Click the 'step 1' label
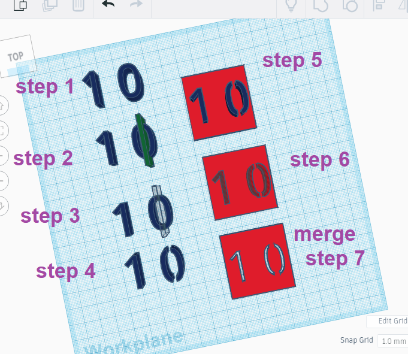point(45,86)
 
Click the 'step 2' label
point(43,158)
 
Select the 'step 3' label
point(50,216)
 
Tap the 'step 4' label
point(66,271)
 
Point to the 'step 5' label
point(292,60)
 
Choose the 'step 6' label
point(319,160)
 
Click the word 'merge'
point(324,234)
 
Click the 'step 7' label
point(335,259)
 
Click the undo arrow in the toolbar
point(108,5)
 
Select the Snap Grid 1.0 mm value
point(392,340)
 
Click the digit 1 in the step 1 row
point(93,89)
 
